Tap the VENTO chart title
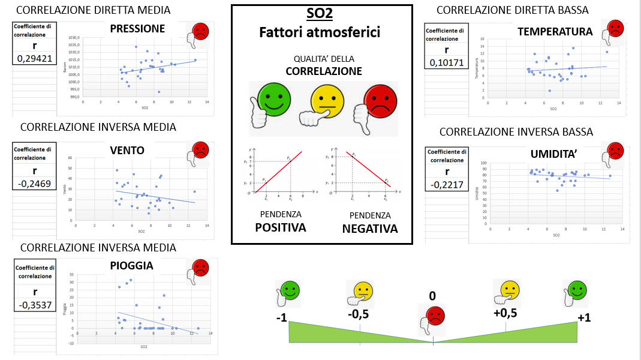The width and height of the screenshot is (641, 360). point(127,150)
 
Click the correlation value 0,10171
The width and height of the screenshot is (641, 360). point(447,62)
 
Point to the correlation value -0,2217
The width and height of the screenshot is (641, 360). point(447,184)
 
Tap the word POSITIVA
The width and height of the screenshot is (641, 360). point(281,227)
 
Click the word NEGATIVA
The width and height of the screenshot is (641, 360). point(369,229)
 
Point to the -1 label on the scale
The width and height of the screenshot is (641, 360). point(282,317)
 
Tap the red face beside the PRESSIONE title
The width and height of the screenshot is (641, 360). point(201,32)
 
